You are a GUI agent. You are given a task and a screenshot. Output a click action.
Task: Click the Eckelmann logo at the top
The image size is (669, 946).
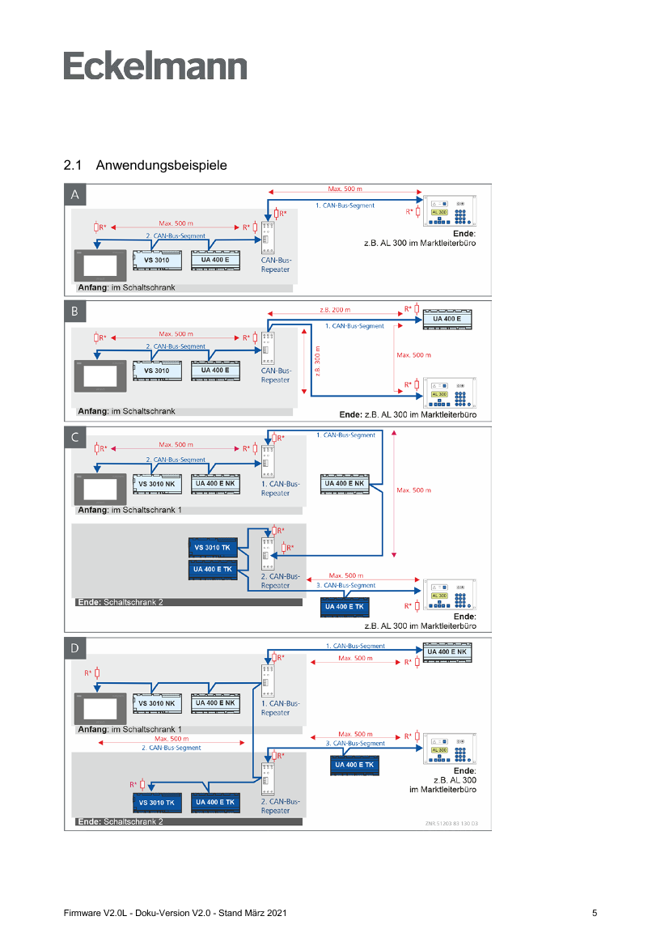point(155,66)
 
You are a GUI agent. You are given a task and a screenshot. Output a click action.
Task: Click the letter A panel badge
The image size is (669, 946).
point(75,195)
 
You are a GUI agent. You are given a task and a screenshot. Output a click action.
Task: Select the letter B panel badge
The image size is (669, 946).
point(75,312)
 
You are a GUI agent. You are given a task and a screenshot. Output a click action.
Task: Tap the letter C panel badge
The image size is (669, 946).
point(75,438)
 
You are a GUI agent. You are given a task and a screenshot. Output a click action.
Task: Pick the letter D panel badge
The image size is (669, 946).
point(75,648)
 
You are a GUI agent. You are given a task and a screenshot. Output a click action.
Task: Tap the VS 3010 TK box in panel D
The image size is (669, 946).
point(156,802)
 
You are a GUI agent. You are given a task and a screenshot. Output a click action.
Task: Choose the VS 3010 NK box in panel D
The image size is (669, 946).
point(156,703)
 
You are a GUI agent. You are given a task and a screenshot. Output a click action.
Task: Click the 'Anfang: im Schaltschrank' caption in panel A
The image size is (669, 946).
point(125,287)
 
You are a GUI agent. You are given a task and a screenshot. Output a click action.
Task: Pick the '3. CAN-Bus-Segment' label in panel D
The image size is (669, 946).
point(355,743)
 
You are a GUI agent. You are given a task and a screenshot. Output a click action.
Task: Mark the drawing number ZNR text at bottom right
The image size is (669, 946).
point(451,824)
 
